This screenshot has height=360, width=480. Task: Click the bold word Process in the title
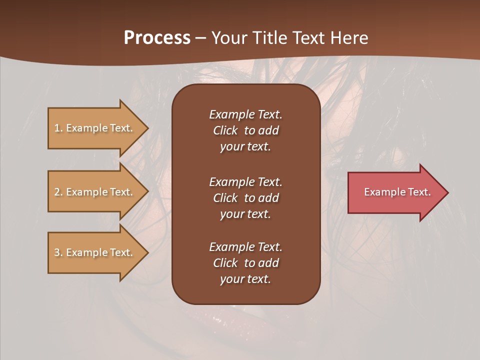pyautogui.click(x=157, y=38)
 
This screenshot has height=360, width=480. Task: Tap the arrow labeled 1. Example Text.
pyautogui.click(x=93, y=128)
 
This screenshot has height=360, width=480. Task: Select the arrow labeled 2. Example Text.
pyautogui.click(x=93, y=192)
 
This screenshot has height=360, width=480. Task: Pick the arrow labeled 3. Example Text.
pyautogui.click(x=93, y=252)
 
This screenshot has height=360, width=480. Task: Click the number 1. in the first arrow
pyautogui.click(x=58, y=128)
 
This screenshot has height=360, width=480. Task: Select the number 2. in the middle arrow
pyautogui.click(x=58, y=192)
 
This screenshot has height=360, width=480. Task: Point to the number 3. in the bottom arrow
pyautogui.click(x=58, y=252)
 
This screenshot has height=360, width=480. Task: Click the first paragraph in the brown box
pyautogui.click(x=245, y=130)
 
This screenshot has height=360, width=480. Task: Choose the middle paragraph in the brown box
pyautogui.click(x=245, y=198)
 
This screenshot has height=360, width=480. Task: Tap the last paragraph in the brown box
pyautogui.click(x=245, y=263)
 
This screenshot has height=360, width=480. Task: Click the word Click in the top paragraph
pyautogui.click(x=225, y=130)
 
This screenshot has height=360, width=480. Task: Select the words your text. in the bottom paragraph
pyautogui.click(x=245, y=279)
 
